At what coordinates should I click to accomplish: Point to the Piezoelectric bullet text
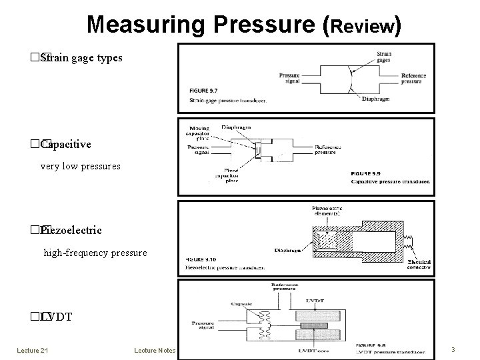click(x=71, y=230)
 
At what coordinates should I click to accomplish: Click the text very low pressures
click(x=81, y=166)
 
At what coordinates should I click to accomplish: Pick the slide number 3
click(x=453, y=349)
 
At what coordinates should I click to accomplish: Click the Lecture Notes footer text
click(x=154, y=349)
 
